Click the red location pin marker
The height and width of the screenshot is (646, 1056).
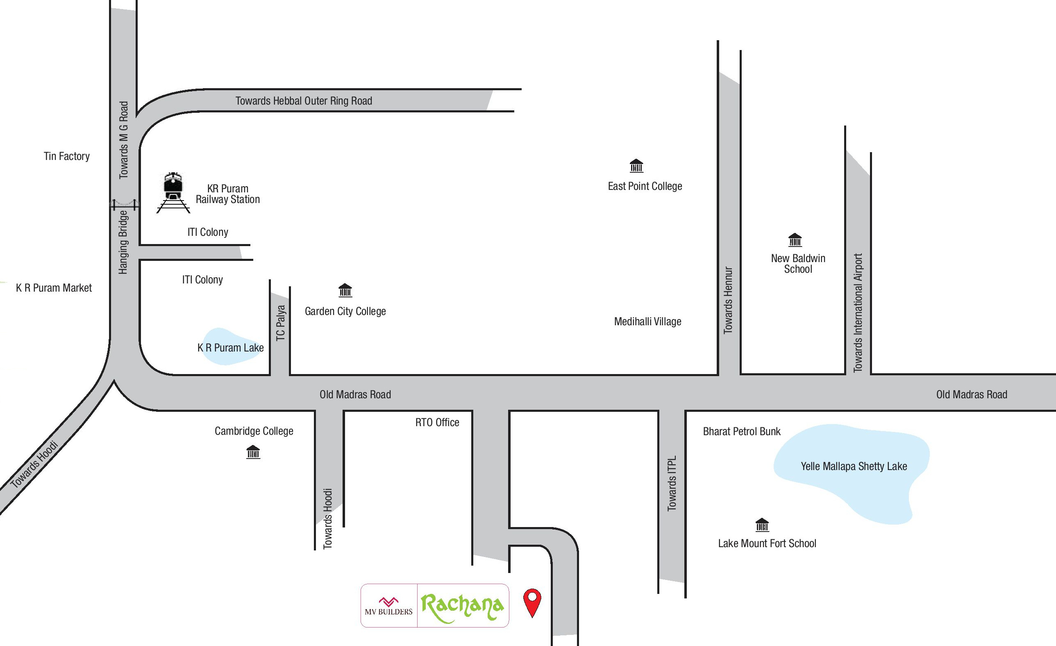[x=532, y=600]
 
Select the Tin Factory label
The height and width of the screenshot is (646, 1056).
[x=67, y=156]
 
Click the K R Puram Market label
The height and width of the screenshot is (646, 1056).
[x=54, y=288]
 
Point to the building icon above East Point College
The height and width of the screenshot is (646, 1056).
[x=636, y=166]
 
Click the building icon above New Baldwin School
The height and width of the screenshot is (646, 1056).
[x=795, y=240]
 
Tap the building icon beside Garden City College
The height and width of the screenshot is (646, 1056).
[x=345, y=290]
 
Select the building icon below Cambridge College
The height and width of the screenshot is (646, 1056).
[x=253, y=452]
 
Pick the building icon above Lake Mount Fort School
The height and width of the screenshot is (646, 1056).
[x=762, y=525]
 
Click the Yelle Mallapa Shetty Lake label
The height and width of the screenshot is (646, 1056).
[x=854, y=466]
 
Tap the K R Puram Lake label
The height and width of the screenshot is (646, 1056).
[x=231, y=348]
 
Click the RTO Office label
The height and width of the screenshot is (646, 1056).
[x=437, y=422]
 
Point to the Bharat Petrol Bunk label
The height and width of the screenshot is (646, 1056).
[x=741, y=431]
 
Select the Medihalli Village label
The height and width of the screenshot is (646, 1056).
[x=647, y=322]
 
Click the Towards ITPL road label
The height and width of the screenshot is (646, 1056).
[x=672, y=484]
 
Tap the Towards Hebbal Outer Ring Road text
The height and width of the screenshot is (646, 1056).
[x=304, y=101]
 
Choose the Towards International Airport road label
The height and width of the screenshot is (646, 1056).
[x=858, y=313]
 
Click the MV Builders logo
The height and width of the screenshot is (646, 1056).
[x=389, y=606]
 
